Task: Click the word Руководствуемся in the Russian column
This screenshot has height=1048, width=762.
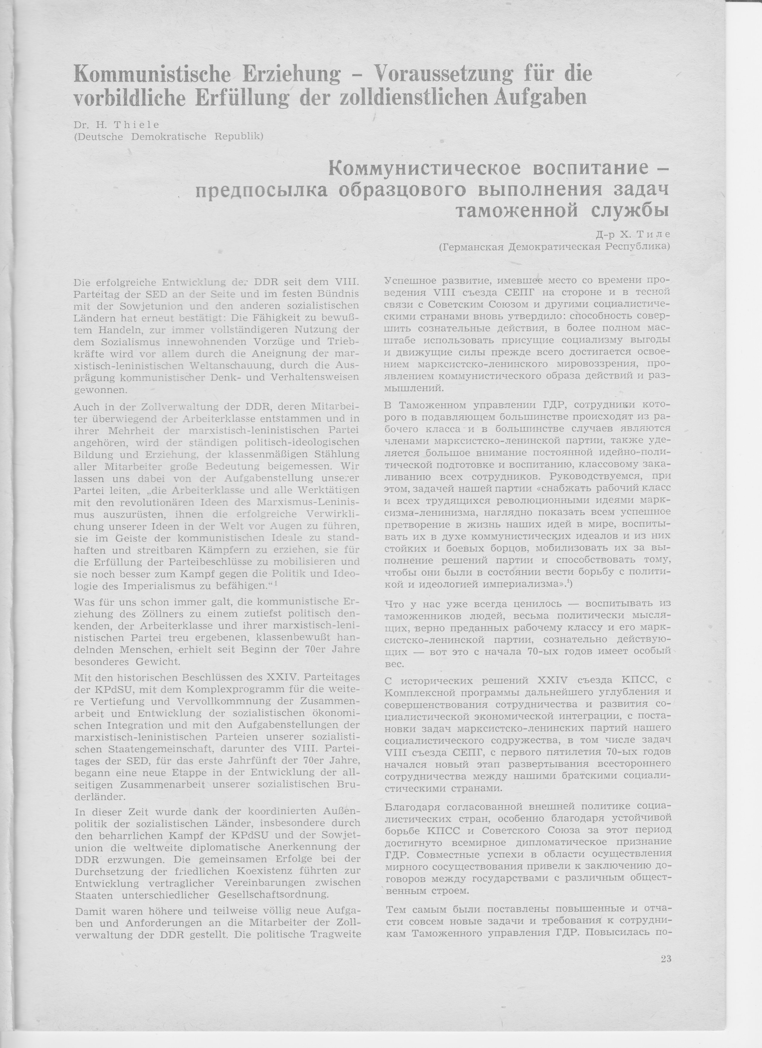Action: (x=585, y=476)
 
